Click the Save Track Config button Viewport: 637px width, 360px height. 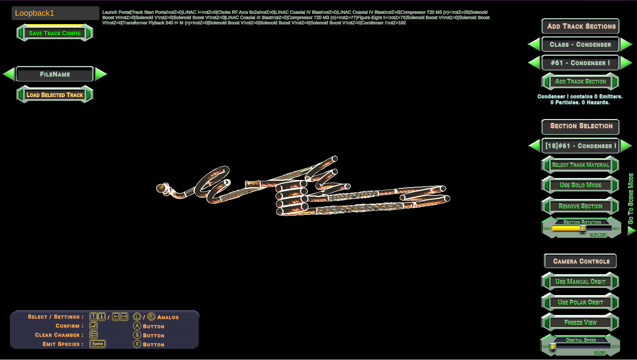[55, 33]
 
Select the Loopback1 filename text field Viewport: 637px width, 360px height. [55, 13]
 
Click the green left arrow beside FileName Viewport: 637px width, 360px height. [9, 74]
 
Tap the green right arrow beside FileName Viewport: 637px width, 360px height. [101, 74]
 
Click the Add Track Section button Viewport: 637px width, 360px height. [580, 82]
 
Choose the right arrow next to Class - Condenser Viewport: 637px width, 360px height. [626, 44]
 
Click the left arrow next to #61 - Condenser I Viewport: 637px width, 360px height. [534, 63]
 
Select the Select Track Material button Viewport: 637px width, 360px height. [580, 165]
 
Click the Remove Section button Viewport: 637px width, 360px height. [580, 206]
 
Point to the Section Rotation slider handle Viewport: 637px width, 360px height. [583, 228]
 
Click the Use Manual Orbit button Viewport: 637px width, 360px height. [580, 282]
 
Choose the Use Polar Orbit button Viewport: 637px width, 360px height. [580, 302]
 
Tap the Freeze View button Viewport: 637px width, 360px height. [580, 322]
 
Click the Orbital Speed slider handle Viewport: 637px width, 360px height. [554, 346]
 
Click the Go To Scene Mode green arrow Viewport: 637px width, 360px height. [631, 231]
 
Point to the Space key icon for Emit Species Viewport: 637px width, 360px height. [97, 344]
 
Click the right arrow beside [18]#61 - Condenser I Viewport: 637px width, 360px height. [626, 146]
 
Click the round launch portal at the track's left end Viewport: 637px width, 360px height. [161, 188]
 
